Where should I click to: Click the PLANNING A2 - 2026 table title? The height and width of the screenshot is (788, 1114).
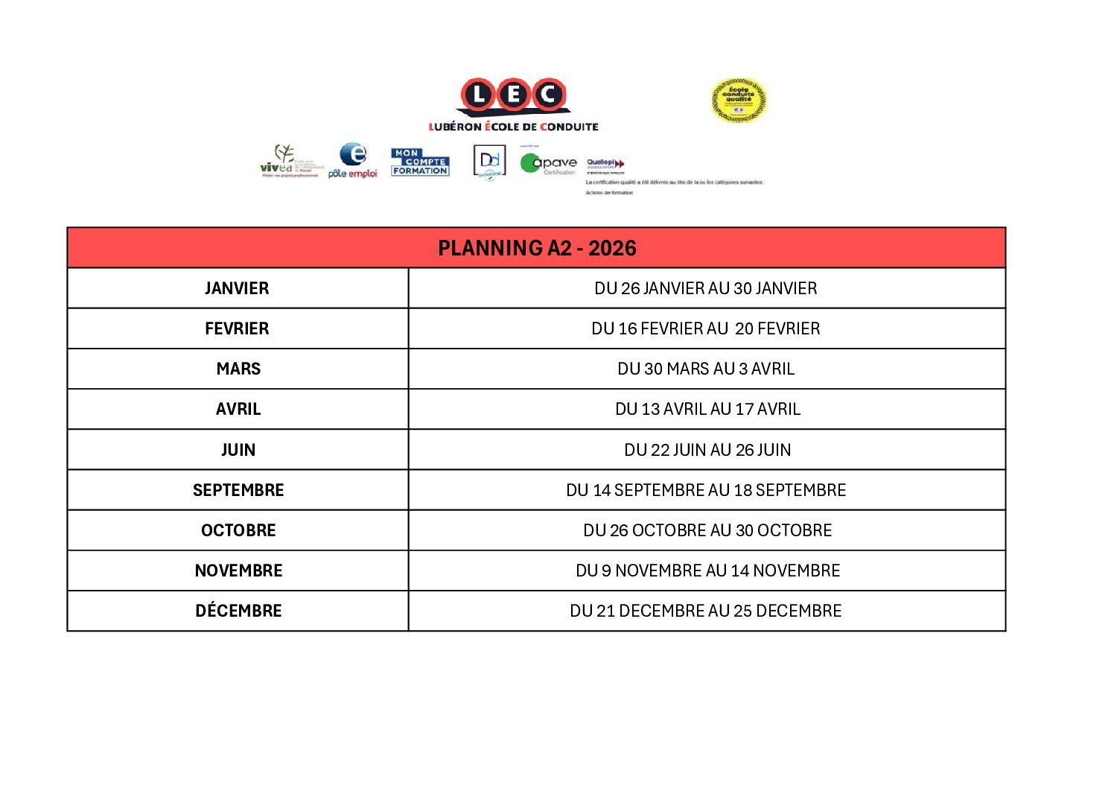pos(537,248)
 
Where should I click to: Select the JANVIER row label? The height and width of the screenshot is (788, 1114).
pos(237,288)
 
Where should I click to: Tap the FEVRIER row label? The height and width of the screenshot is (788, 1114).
pos(237,328)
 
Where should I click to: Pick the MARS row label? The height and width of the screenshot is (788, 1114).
pos(238,369)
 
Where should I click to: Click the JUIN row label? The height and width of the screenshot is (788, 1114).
pos(238,450)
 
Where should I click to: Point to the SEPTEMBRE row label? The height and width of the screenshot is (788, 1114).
pos(238,490)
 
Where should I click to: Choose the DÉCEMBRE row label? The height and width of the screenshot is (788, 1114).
pos(238,611)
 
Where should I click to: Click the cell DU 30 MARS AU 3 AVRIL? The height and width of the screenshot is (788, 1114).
pos(706,369)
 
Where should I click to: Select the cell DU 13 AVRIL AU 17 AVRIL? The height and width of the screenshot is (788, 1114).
pos(707,409)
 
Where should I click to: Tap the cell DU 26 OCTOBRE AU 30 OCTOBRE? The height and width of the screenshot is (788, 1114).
pos(707,530)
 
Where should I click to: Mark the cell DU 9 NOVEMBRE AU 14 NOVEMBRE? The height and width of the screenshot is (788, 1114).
pos(707,571)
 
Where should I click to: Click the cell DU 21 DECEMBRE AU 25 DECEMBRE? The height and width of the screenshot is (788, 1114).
pos(706,611)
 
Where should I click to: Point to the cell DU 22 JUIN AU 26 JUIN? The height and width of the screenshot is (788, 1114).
pos(707,450)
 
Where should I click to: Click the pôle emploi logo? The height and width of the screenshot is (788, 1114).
pos(353,161)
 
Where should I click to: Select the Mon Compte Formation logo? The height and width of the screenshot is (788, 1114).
pos(420,162)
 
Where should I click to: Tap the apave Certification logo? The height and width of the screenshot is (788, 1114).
pos(549,163)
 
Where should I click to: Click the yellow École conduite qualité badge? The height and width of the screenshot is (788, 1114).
pos(738,101)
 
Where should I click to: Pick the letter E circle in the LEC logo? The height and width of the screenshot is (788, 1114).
pos(514,95)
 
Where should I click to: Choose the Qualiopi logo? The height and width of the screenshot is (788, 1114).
pos(605,164)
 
